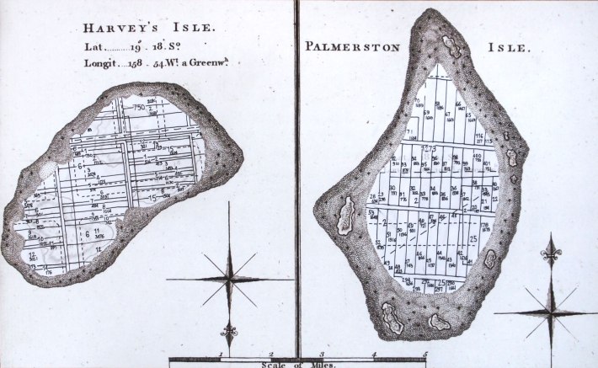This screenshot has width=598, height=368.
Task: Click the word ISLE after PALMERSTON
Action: [509, 47]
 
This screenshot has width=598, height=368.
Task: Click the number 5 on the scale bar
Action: [425, 355]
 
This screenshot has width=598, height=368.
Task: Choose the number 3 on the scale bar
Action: [323, 355]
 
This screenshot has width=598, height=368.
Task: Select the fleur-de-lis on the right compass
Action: [551, 251]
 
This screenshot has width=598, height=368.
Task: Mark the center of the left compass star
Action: [228, 278]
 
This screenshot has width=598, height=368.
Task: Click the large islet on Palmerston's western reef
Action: [345, 217]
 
